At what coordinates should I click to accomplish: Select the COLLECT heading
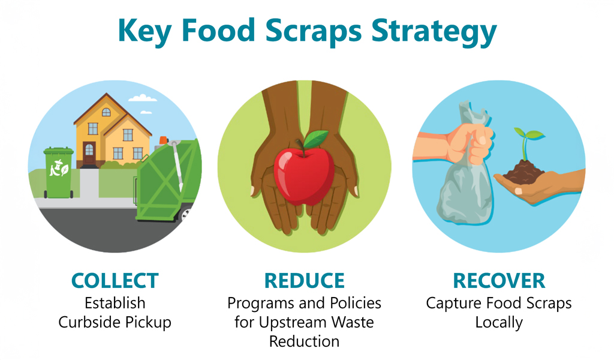115,280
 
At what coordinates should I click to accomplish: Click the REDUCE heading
304,280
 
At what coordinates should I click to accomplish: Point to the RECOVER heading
499,280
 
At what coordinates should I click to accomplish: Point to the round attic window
106,112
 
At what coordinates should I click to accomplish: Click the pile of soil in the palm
523,175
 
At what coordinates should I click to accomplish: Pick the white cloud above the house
142,98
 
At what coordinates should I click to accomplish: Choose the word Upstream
291,322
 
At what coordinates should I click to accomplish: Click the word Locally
499,322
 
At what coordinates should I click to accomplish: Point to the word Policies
354,303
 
